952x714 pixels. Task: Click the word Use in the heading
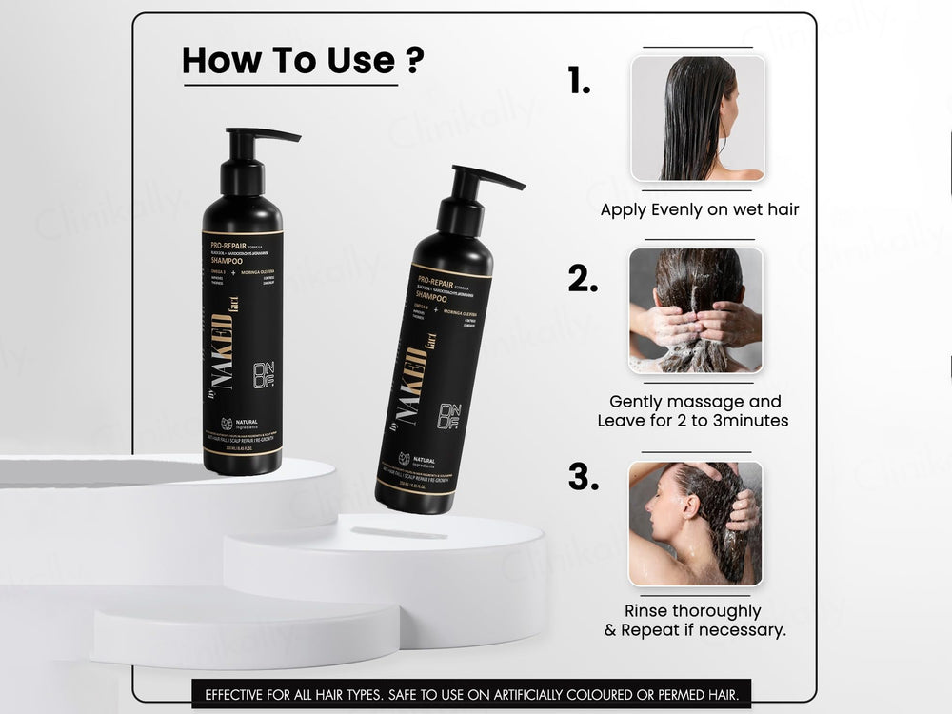pos(360,60)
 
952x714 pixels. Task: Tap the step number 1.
pos(579,82)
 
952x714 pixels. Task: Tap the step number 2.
pos(583,278)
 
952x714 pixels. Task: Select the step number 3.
pos(583,476)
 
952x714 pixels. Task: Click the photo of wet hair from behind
pos(698,118)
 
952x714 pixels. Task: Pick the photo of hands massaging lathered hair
pos(696,311)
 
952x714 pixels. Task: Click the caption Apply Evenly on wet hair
pos(700,209)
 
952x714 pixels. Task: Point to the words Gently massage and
pos(695,402)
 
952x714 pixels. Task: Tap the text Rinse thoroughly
pos(693,610)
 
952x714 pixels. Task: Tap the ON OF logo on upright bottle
pos(264,375)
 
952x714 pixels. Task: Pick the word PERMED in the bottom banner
pos(683,694)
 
